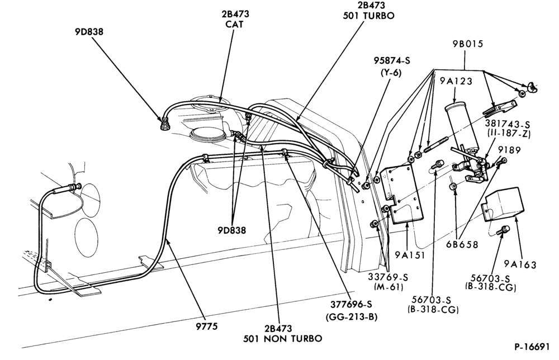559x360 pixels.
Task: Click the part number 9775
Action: [207, 326]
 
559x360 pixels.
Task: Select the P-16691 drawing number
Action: [532, 347]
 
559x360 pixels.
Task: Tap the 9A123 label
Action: [456, 81]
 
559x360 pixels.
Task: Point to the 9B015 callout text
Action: [468, 44]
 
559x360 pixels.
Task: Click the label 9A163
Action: [520, 264]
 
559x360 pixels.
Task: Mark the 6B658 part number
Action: [462, 244]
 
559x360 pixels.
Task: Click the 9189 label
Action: [509, 150]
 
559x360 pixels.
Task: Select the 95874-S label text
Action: [392, 60]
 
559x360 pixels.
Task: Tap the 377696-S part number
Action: [351, 304]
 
